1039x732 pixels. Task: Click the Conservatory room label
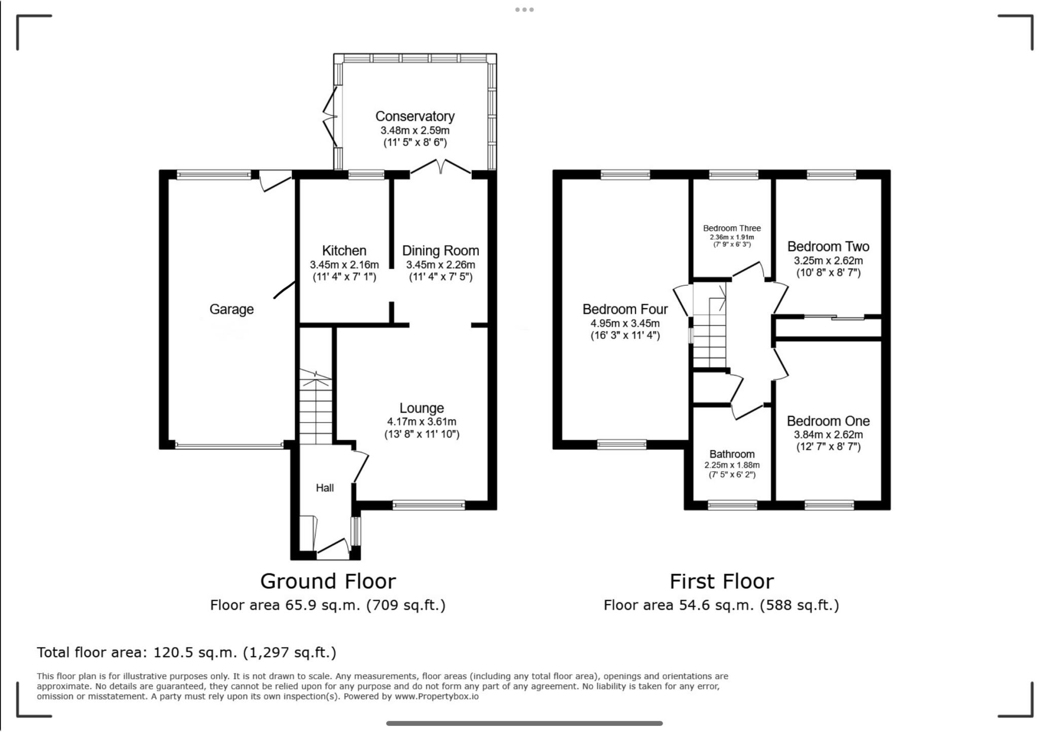pos(414,116)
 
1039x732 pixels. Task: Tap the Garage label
pos(231,309)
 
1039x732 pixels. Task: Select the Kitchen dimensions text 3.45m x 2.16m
pos(344,264)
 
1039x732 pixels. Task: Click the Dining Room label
pos(440,251)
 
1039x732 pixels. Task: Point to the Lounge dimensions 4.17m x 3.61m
pos(421,422)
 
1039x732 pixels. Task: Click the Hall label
pos(325,488)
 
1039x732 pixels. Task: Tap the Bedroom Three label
pos(732,228)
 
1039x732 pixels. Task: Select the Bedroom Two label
pos(828,247)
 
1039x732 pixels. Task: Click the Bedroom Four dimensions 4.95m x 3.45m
pos(625,323)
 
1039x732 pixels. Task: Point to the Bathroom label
pos(732,454)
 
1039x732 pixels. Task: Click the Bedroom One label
pos(828,421)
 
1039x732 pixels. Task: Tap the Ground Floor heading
pos(328,581)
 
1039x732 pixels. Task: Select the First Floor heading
pos(721,581)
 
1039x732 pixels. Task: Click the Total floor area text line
pos(186,652)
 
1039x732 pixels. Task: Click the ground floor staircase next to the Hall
pos(315,409)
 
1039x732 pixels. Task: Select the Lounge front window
pos(429,505)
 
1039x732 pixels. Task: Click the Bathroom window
pos(732,505)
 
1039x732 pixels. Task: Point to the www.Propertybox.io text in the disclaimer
pos(436,696)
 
